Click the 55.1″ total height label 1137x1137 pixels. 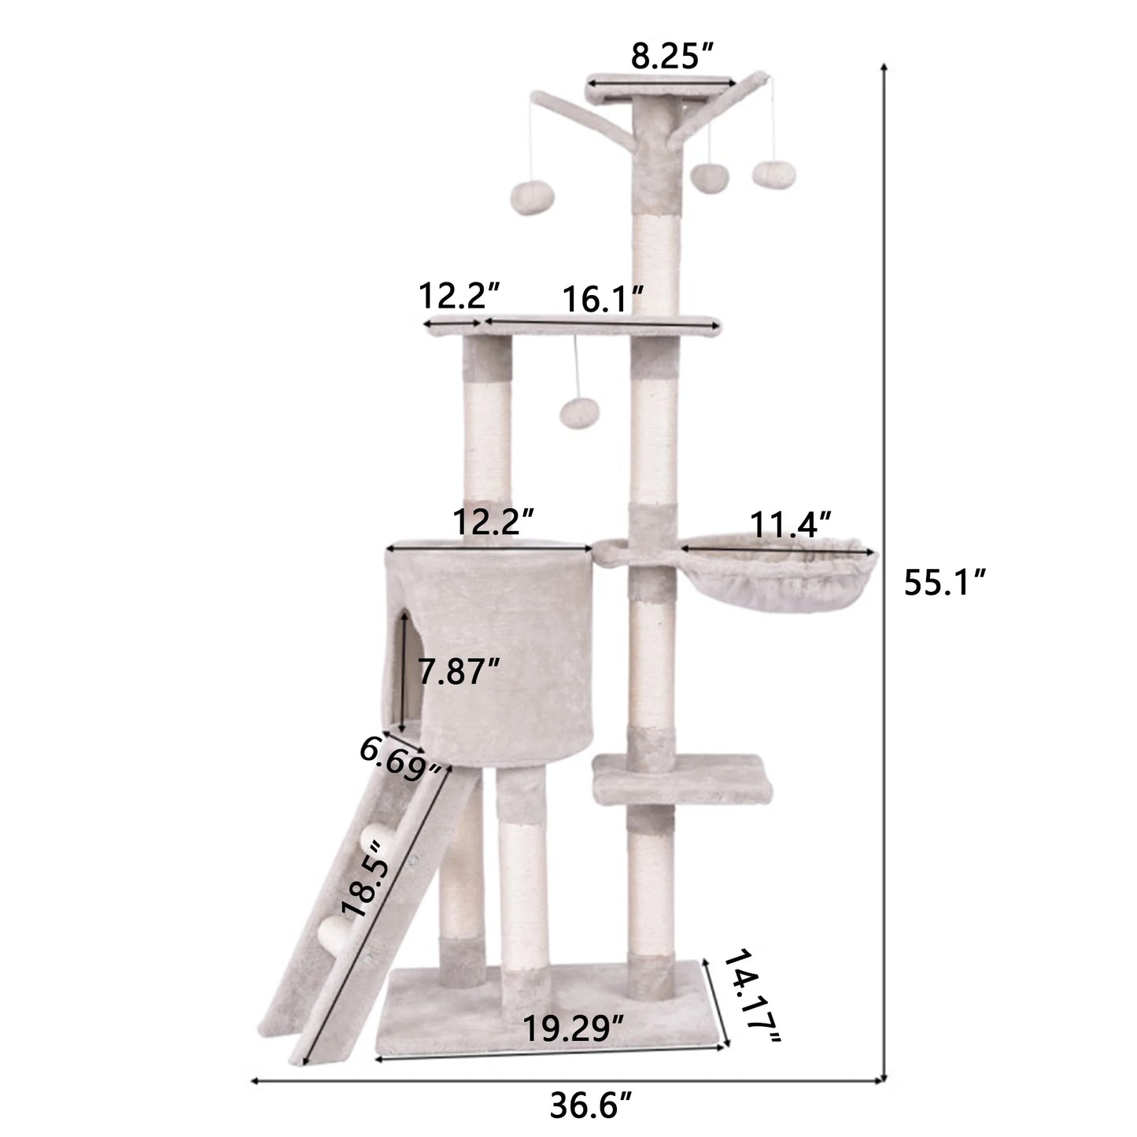[x=943, y=583]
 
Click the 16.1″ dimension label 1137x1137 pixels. [x=604, y=299]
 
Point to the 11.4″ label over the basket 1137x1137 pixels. [x=791, y=524]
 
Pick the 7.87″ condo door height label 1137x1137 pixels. [x=460, y=672]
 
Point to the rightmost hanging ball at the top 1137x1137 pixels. [x=768, y=175]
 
